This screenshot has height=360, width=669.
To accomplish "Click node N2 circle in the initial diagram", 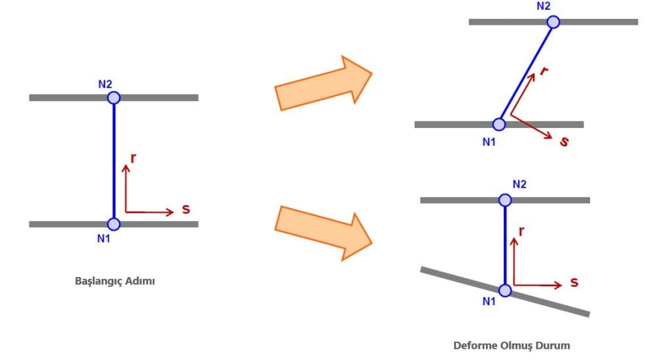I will pyautogui.click(x=114, y=98).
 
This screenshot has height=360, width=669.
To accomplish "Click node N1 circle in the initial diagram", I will pyautogui.click(x=114, y=224).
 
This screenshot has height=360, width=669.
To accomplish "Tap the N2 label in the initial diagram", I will pyautogui.click(x=105, y=84).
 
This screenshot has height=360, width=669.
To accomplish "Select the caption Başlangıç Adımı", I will pyautogui.click(x=115, y=282).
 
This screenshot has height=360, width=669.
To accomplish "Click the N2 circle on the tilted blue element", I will pyautogui.click(x=553, y=22).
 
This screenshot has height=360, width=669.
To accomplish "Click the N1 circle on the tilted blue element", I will pyautogui.click(x=499, y=124).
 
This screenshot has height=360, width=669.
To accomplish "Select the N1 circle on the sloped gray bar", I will pyautogui.click(x=505, y=291).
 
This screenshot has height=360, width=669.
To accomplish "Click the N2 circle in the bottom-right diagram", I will pyautogui.click(x=505, y=200).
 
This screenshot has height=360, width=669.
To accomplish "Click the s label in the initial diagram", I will pyautogui.click(x=186, y=210).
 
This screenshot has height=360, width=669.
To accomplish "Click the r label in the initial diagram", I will pyautogui.click(x=133, y=157).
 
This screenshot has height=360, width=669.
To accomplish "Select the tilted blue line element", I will pyautogui.click(x=526, y=73).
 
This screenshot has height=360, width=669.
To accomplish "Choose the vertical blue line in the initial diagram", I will pyautogui.click(x=114, y=161).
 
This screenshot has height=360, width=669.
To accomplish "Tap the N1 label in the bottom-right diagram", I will pyautogui.click(x=489, y=301).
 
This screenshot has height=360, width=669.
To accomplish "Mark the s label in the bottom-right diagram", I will pyautogui.click(x=574, y=282).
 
